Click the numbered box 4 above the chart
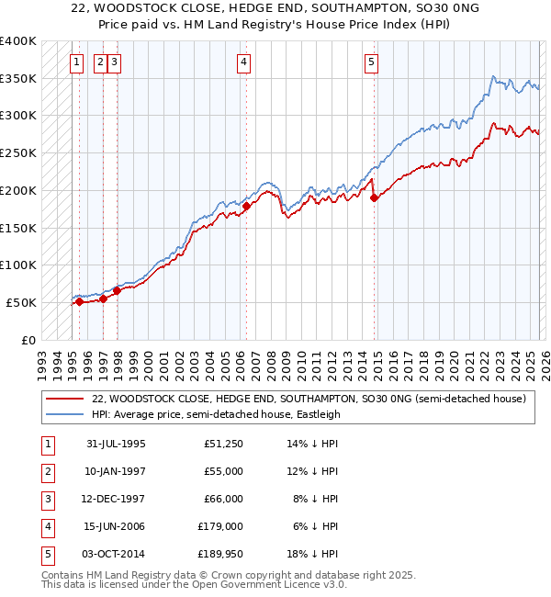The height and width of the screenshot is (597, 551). pos(244,62)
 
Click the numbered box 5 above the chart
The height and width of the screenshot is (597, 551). pos(371,62)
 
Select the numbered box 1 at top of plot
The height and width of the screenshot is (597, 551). pos(78,62)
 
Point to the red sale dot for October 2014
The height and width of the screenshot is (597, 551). pos(374,197)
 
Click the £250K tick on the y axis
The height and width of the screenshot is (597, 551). pos(18,152)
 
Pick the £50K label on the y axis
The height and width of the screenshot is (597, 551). pos(22,302)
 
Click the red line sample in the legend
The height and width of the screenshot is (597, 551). pos(64,399)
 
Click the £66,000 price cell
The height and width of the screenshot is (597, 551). pos(220,499)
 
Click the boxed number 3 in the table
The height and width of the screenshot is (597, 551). pos(46,499)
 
